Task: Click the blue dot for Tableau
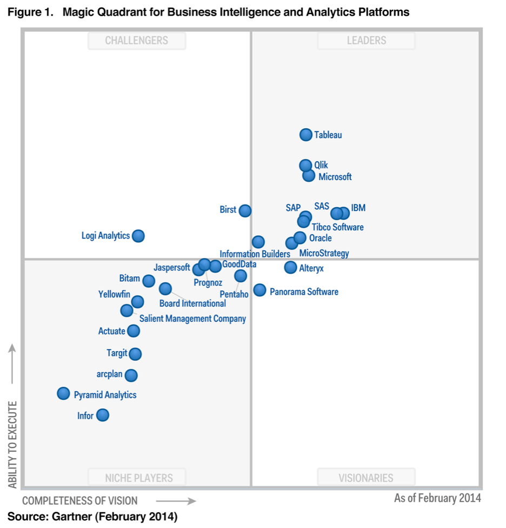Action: [306, 135]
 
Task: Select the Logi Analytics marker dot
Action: [138, 236]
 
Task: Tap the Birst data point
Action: [245, 210]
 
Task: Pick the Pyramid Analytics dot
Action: [64, 393]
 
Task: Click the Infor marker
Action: [102, 415]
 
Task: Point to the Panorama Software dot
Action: [260, 291]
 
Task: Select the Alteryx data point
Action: [291, 267]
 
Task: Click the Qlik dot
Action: [305, 165]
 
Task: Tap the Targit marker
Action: [135, 354]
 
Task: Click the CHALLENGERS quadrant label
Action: [137, 41]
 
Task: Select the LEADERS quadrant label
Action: [367, 41]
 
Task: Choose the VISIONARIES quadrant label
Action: [367, 478]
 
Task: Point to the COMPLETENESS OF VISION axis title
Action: [80, 500]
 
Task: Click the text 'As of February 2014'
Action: [437, 498]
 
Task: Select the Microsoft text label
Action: [335, 177]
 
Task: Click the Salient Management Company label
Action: [192, 319]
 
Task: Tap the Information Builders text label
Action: [255, 254]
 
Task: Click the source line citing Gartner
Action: [92, 517]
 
